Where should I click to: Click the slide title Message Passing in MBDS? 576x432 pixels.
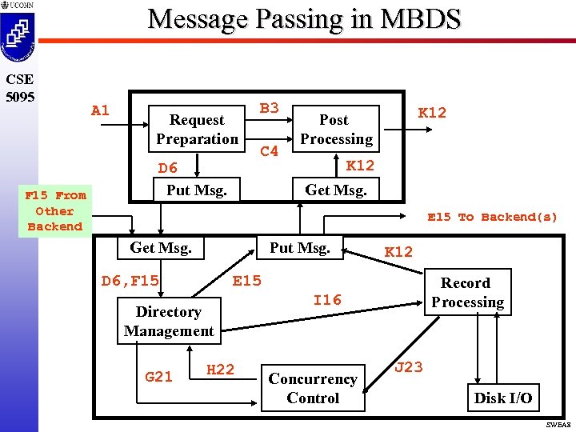pyautogui.click(x=304, y=19)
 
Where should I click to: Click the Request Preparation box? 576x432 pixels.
pyautogui.click(x=197, y=130)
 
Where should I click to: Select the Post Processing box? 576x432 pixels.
pyautogui.click(x=335, y=130)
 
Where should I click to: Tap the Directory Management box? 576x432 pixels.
pyautogui.click(x=168, y=322)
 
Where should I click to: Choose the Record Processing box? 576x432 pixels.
pyautogui.click(x=467, y=293)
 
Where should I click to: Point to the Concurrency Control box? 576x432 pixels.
pyautogui.click(x=313, y=389)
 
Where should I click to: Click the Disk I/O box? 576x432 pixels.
pyautogui.click(x=502, y=398)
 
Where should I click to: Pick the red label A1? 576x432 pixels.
pyautogui.click(x=100, y=110)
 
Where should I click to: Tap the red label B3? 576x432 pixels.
pyautogui.click(x=270, y=108)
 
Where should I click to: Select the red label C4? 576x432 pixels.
pyautogui.click(x=270, y=150)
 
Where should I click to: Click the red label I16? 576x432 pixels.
pyautogui.click(x=327, y=300)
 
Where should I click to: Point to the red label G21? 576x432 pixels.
pyautogui.click(x=158, y=376)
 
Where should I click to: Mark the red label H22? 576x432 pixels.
pyautogui.click(x=220, y=369)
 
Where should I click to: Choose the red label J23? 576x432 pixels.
pyautogui.click(x=409, y=367)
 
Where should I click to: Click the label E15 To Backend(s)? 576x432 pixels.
pyautogui.click(x=492, y=217)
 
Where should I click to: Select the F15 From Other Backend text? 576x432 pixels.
pyautogui.click(x=55, y=211)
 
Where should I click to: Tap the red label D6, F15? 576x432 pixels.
pyautogui.click(x=130, y=281)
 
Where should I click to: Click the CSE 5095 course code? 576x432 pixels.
pyautogui.click(x=18, y=87)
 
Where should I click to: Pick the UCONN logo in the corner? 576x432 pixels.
pyautogui.click(x=18, y=32)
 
